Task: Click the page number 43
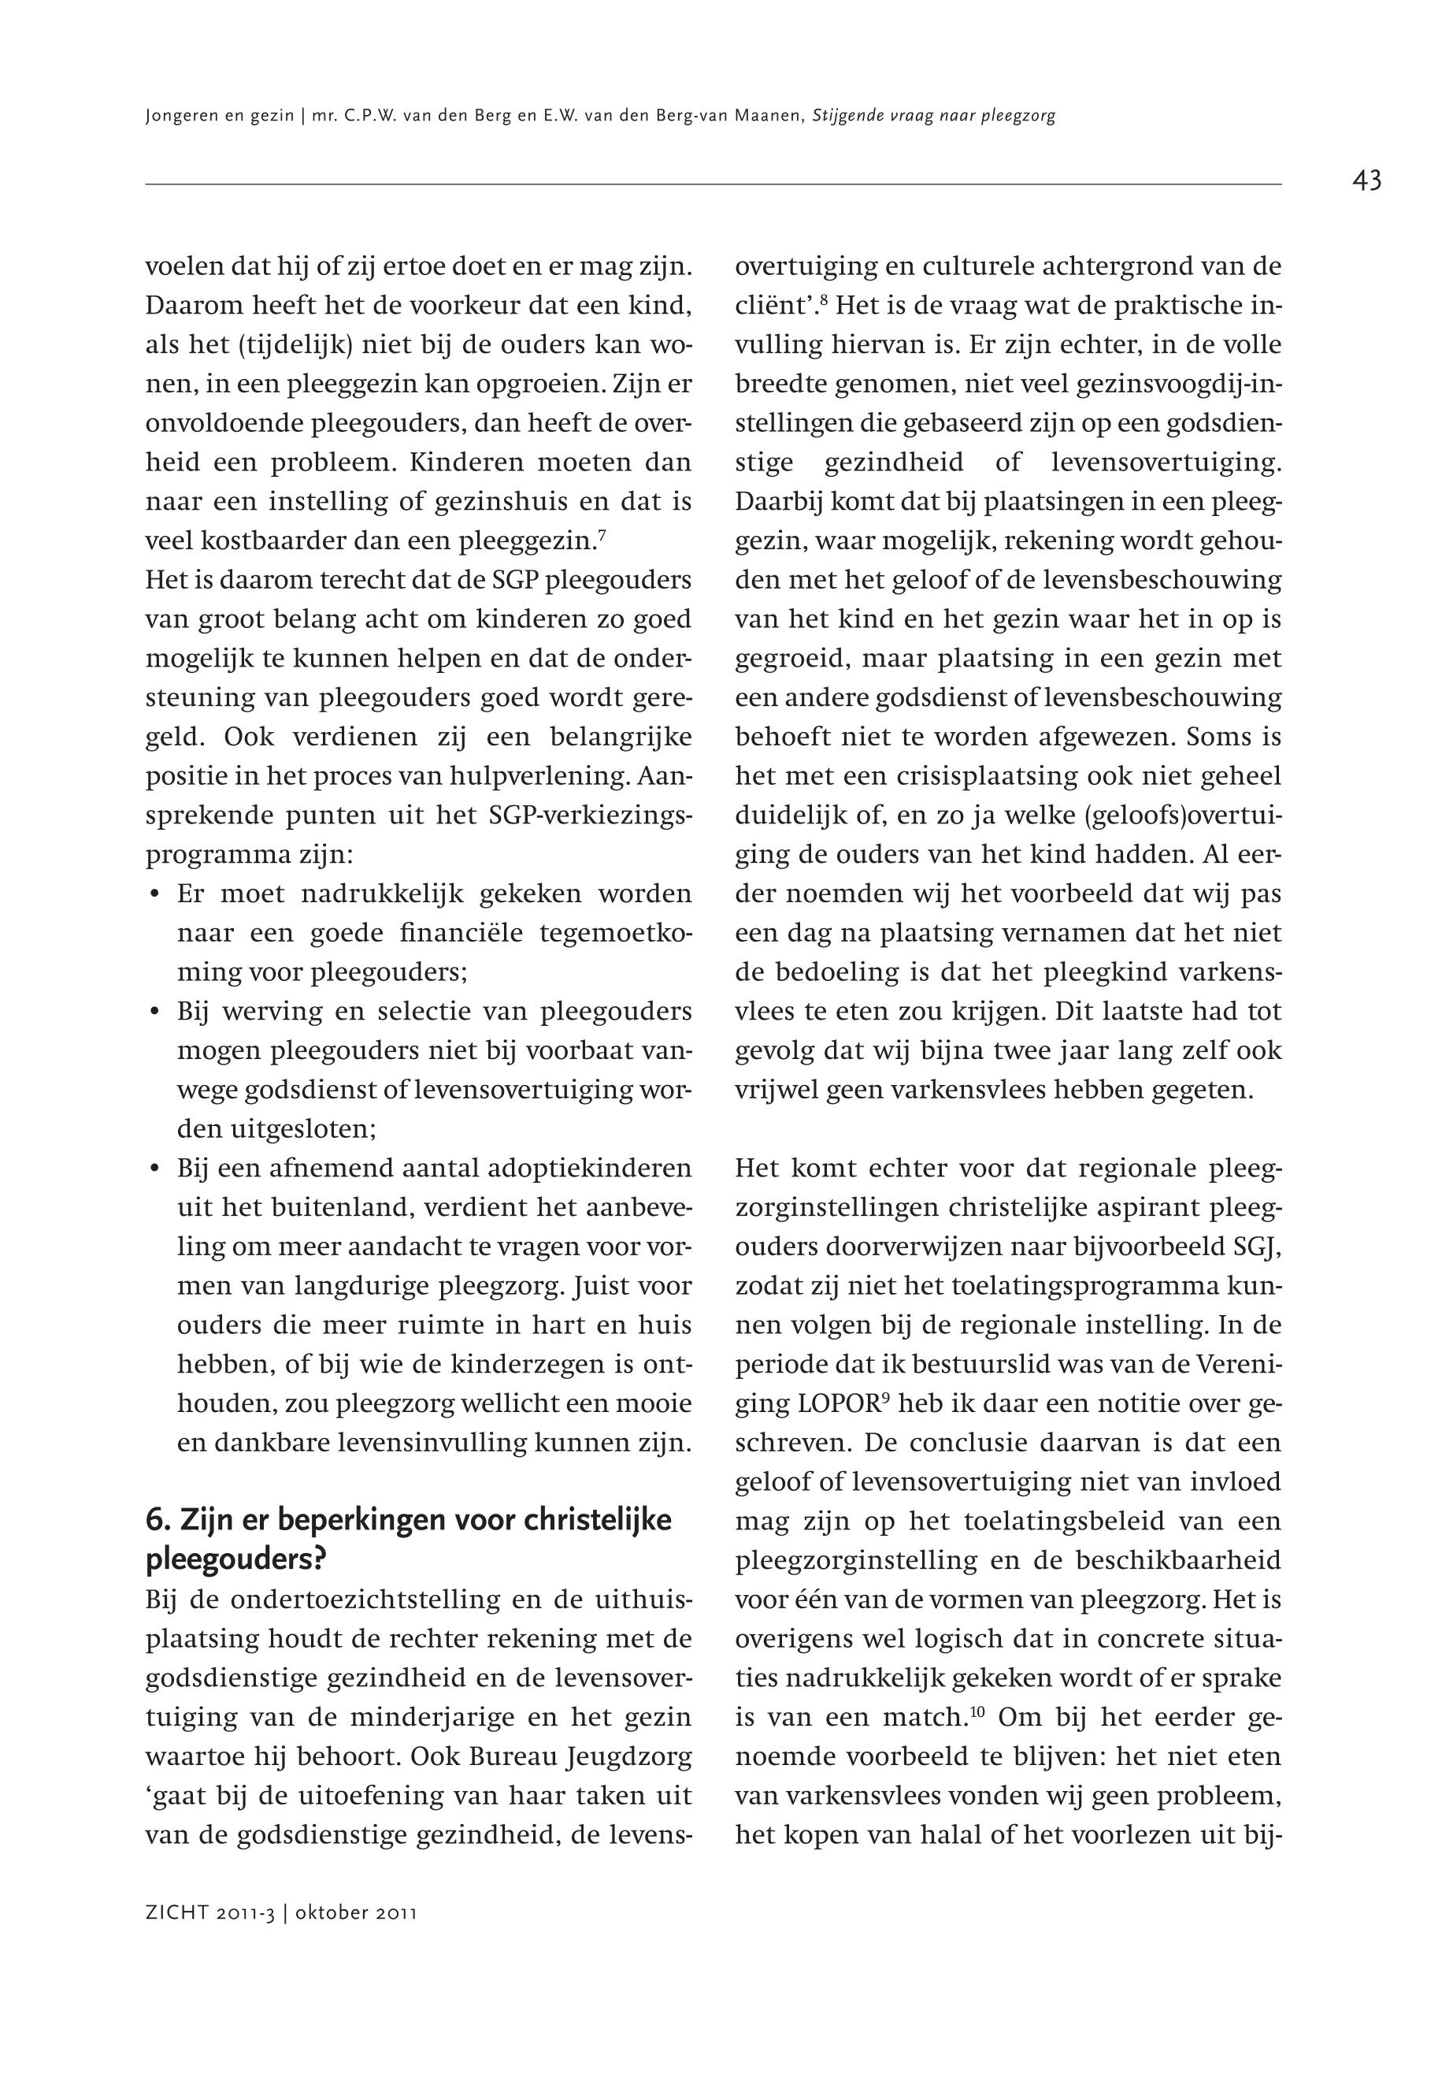pos(1366,180)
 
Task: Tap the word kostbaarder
pos(274,541)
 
